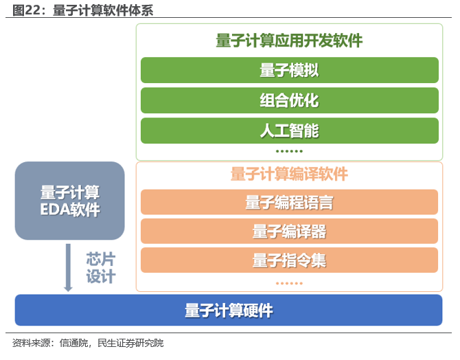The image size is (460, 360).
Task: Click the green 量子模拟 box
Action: [289, 70]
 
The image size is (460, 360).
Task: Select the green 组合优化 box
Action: [289, 100]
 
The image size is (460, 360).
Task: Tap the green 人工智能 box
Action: [289, 131]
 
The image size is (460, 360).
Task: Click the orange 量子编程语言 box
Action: [289, 202]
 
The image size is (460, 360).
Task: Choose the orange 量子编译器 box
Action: [289, 232]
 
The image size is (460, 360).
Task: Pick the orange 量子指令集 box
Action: [289, 260]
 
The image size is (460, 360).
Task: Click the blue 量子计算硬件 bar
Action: [229, 311]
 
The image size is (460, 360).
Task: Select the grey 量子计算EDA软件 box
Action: [69, 201]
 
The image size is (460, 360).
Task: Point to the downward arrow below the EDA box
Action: [68, 267]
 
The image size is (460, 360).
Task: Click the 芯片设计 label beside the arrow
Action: [100, 268]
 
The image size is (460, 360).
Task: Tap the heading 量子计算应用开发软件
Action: [289, 41]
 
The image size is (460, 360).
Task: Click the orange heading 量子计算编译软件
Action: [289, 174]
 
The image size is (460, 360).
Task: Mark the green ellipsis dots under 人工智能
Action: [289, 150]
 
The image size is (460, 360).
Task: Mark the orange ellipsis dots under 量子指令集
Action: [289, 282]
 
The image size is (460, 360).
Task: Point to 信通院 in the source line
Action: [74, 344]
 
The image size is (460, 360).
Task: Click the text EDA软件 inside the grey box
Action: [69, 210]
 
